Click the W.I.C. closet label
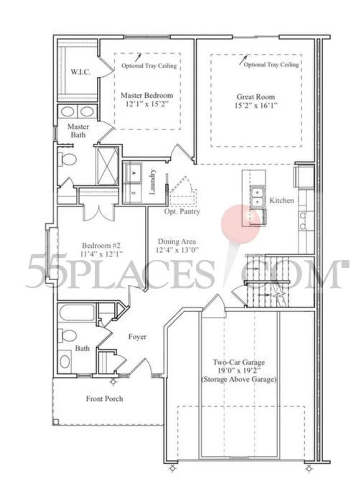pos(80,72)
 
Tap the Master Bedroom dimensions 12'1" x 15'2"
pos(147,104)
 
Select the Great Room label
pos(256,97)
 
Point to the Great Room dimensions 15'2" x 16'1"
pos(256,106)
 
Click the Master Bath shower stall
pos(107,166)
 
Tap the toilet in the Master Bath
pos(68,160)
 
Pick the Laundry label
pos(152,182)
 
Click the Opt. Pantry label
pos(182,212)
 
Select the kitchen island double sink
pos(258,197)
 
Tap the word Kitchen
pos(281,200)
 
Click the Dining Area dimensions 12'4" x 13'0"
pos(177,250)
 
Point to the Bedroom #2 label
pos(101,246)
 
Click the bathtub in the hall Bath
pos(77,313)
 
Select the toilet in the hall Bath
pos(68,335)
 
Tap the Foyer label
pos(137,336)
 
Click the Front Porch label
pos(104,398)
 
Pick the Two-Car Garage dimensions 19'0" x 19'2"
pos(239,371)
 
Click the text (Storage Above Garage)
pos(239,380)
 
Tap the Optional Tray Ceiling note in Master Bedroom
pos(149,66)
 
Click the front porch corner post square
pos(56,422)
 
